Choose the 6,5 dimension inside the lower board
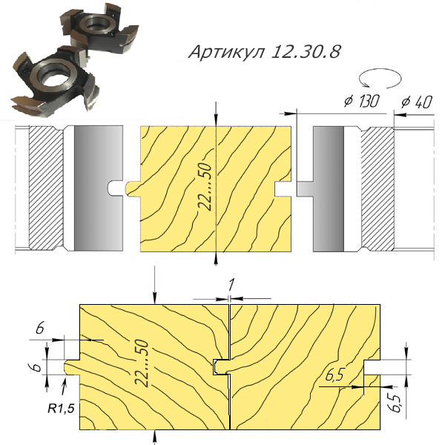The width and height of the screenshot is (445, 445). [x=335, y=376]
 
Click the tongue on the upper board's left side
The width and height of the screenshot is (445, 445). [x=132, y=185]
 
